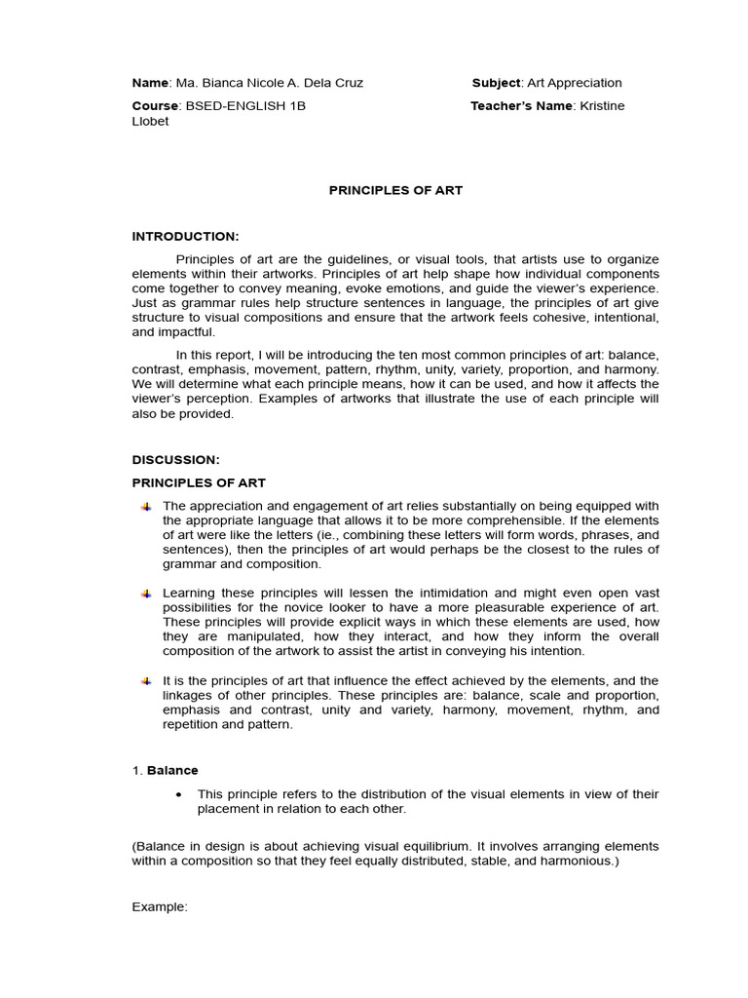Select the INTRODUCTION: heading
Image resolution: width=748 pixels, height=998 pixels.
(x=185, y=236)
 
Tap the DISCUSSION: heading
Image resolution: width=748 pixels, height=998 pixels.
(x=176, y=459)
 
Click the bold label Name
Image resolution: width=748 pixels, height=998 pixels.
(x=150, y=83)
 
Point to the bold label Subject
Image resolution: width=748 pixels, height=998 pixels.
(x=496, y=83)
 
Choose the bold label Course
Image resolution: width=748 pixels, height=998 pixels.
(x=155, y=105)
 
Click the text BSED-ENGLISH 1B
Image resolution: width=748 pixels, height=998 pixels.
(x=246, y=105)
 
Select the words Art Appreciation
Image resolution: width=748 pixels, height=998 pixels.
(x=575, y=83)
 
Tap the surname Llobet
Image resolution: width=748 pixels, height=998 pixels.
(x=150, y=121)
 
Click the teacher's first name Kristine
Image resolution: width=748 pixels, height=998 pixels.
(x=602, y=105)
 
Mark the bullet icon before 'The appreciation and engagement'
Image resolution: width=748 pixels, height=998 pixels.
(x=146, y=507)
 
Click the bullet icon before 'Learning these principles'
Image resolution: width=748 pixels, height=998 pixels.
(x=146, y=594)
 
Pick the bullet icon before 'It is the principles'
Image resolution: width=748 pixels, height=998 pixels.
(x=146, y=680)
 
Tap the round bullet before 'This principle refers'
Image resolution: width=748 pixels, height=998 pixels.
(x=177, y=794)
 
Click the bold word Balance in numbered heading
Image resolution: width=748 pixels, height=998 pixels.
(x=172, y=770)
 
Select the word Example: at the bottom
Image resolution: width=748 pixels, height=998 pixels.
(x=159, y=906)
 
